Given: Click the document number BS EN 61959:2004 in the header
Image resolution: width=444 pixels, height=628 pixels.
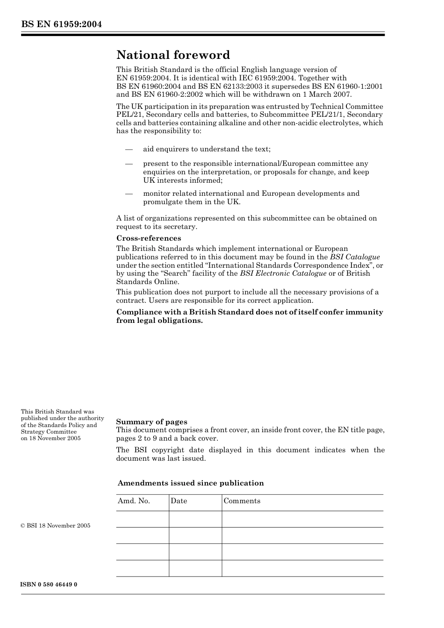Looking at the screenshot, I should [x=61, y=24].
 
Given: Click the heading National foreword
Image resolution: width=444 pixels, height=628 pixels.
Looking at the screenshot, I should [x=173, y=55].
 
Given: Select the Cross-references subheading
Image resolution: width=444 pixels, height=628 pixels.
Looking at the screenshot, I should [x=149, y=238].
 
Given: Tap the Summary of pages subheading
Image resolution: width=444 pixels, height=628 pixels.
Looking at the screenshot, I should [x=151, y=421].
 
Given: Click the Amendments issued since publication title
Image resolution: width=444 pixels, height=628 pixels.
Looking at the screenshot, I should [x=191, y=483].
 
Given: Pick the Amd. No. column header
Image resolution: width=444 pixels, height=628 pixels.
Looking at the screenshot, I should [x=134, y=501].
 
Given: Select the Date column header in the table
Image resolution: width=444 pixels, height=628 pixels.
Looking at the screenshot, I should [x=179, y=501].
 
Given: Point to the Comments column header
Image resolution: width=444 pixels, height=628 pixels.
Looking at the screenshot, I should [x=242, y=501].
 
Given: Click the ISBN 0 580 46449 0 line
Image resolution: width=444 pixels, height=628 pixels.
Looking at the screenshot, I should [x=49, y=585].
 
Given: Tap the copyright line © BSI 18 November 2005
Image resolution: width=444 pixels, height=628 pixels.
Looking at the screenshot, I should [x=56, y=526].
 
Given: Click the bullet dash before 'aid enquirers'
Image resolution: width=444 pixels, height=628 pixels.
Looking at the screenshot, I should [x=129, y=150].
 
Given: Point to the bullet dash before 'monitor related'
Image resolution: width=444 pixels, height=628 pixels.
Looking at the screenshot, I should [x=129, y=193].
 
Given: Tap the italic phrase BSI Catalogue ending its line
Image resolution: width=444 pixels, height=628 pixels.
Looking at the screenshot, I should [x=355, y=257].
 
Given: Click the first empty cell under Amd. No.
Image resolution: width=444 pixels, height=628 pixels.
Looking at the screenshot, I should [x=142, y=519].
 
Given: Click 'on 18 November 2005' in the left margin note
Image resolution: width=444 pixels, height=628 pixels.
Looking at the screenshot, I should [x=50, y=438].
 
